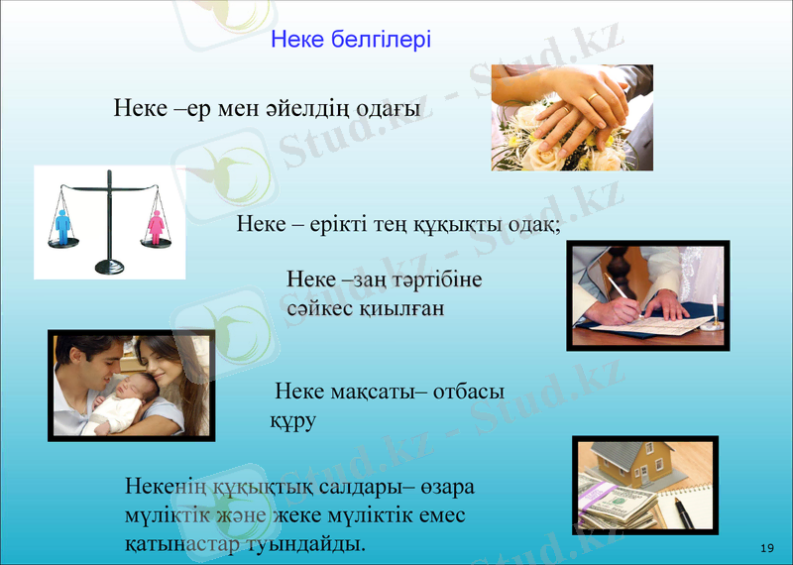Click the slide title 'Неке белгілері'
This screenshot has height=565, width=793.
(351, 41)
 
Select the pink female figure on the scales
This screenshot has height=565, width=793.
(156, 227)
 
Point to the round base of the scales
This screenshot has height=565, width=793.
(109, 266)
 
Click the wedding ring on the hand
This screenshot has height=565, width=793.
(592, 97)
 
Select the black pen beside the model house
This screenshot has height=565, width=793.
(684, 510)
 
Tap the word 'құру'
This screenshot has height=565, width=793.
(292, 420)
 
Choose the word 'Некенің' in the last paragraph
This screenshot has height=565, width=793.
(166, 488)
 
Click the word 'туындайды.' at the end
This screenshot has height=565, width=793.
(308, 544)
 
